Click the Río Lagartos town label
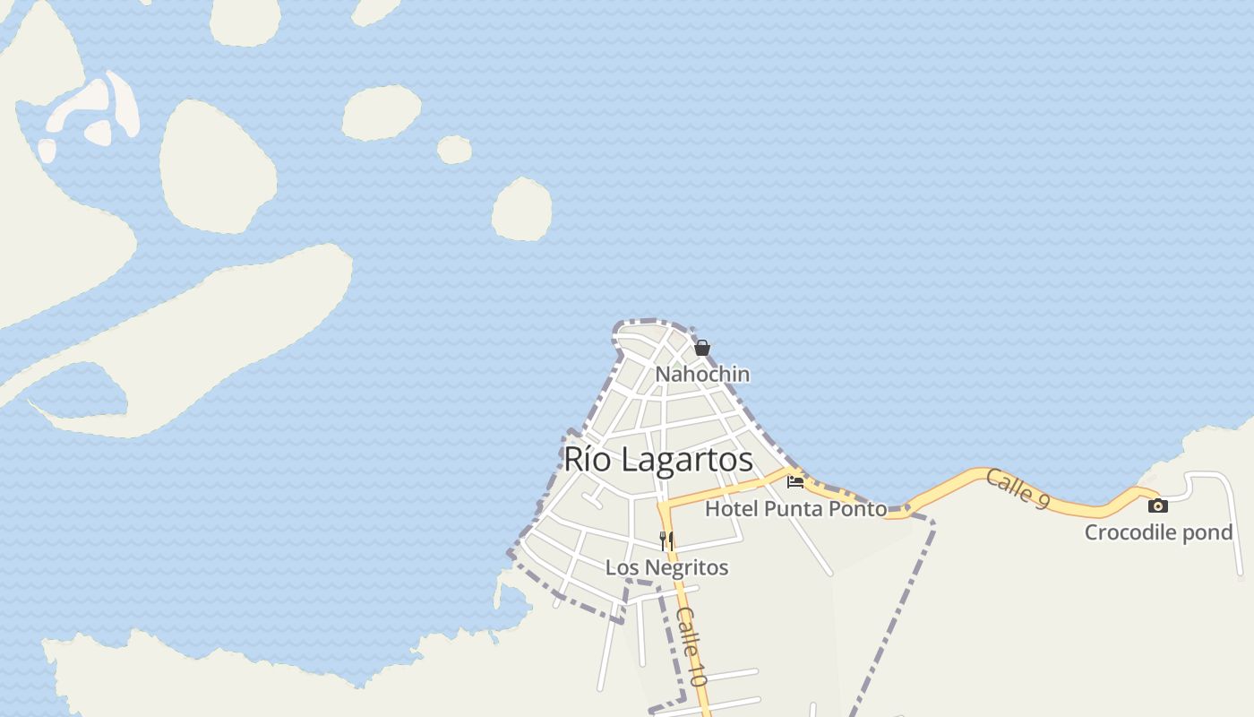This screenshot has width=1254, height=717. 658,459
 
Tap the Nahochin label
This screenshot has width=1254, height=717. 702,374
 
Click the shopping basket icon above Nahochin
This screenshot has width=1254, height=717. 702,348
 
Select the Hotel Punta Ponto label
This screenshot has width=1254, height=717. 795,509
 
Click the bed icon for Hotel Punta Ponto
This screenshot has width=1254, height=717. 795,482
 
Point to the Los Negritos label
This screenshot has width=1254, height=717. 666,567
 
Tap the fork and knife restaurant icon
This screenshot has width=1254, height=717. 666,540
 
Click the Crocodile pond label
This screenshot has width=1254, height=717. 1158,532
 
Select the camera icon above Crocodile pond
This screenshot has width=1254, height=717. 1158,505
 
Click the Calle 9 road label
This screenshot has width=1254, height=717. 1018,489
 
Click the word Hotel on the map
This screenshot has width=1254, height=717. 729,509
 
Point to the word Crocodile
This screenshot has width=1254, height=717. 1131,532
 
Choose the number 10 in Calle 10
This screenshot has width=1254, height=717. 698,672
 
